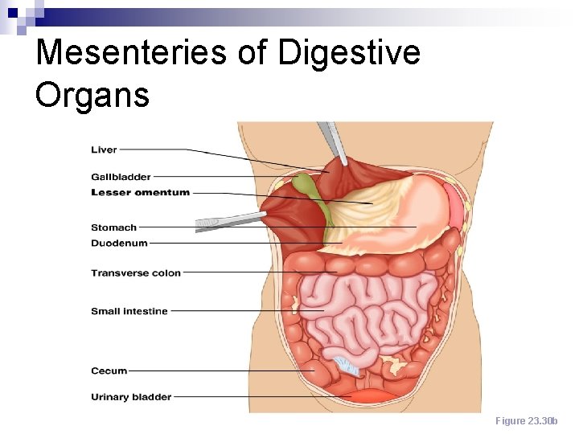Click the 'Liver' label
click(104, 149)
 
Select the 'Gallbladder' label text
click(121, 177)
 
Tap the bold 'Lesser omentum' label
click(141, 193)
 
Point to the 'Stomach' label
click(113, 227)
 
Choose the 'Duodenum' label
click(119, 243)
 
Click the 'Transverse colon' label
click(136, 273)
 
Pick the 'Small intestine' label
click(129, 311)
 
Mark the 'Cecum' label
click(109, 371)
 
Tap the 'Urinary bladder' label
click(131, 396)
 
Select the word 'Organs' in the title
click(92, 95)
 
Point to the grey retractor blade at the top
click(332, 140)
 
